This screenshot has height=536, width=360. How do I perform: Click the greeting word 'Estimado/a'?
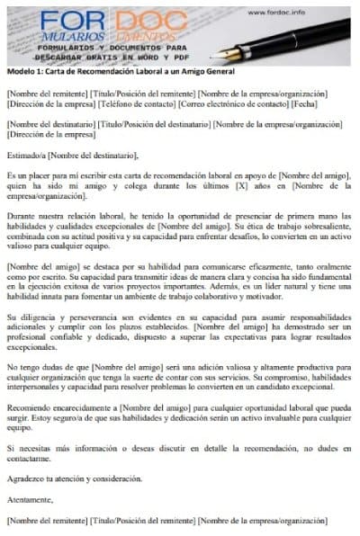(x=26, y=155)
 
